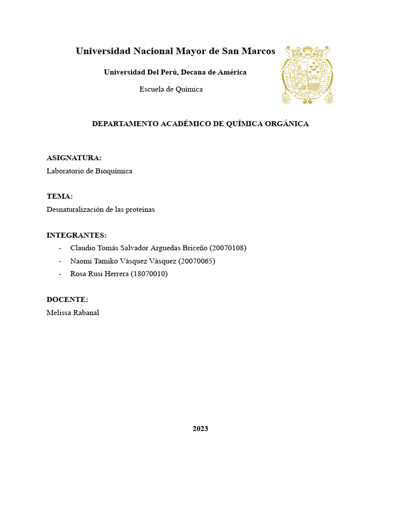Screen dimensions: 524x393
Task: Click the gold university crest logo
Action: (307, 75)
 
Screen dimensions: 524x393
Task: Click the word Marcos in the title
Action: (259, 51)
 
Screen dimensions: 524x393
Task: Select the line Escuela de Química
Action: (171, 89)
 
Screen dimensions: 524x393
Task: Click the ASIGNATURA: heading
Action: (74, 158)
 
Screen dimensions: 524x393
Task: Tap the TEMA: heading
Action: (59, 196)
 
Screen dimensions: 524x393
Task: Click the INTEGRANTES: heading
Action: (76, 235)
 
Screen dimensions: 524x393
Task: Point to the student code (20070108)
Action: (228, 248)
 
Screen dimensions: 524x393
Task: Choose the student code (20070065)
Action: (196, 261)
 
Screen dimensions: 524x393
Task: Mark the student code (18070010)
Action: (149, 274)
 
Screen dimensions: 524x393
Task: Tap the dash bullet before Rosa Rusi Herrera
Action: (60, 274)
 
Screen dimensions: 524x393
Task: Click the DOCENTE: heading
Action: (67, 299)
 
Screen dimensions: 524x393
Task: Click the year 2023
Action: (200, 429)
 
